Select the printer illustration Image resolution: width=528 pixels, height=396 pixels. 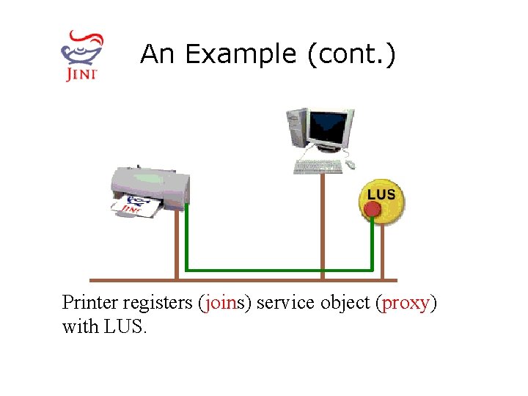point(150,188)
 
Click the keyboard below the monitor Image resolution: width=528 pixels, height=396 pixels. point(318,167)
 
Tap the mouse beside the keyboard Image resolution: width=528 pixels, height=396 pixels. point(351,165)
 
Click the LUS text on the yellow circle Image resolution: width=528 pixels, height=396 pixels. point(381,194)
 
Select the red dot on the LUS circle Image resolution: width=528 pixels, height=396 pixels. point(373,210)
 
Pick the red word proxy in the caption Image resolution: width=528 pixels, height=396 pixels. point(406,303)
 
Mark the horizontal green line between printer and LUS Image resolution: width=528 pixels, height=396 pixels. point(279,269)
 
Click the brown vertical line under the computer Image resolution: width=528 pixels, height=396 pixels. point(323,227)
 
